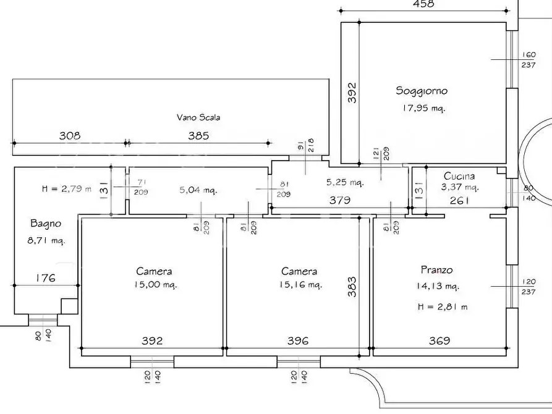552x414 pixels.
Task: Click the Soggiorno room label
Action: (x=422, y=91)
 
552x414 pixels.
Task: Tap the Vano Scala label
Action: (x=198, y=117)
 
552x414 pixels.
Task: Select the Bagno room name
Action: (x=46, y=224)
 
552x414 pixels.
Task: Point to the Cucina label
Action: (x=459, y=175)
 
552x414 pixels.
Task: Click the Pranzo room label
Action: (x=437, y=270)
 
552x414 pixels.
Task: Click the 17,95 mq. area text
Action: (x=424, y=108)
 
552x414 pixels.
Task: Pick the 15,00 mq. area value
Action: (x=155, y=284)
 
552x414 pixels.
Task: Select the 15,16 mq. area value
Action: (x=300, y=284)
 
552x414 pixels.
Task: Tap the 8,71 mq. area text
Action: (x=46, y=241)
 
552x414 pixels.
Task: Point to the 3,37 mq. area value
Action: (x=460, y=187)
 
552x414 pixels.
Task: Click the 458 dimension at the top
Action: (x=423, y=4)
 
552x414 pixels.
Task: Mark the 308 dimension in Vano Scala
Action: (x=70, y=135)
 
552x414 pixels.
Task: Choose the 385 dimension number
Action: (x=198, y=135)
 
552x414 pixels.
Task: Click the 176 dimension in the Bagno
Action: (x=46, y=278)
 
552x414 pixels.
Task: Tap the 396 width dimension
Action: (x=298, y=340)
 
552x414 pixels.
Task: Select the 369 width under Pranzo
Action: (x=439, y=340)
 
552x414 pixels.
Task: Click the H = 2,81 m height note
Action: (x=443, y=306)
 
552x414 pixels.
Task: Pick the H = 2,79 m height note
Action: (x=67, y=188)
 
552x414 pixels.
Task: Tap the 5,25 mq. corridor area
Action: (x=345, y=182)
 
